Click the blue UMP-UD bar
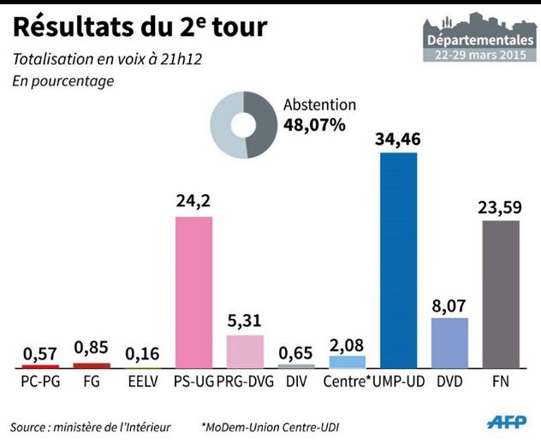point(398,260)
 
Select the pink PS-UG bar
point(193,292)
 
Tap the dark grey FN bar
point(501,294)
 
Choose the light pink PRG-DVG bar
point(245,351)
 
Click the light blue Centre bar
point(347,361)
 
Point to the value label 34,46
point(399,139)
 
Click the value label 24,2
point(193,203)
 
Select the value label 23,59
point(501,206)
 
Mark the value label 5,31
point(245,321)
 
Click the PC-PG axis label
point(40,382)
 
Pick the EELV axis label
point(143,382)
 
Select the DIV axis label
point(296,382)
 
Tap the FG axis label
point(92,382)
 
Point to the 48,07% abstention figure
point(313,125)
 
